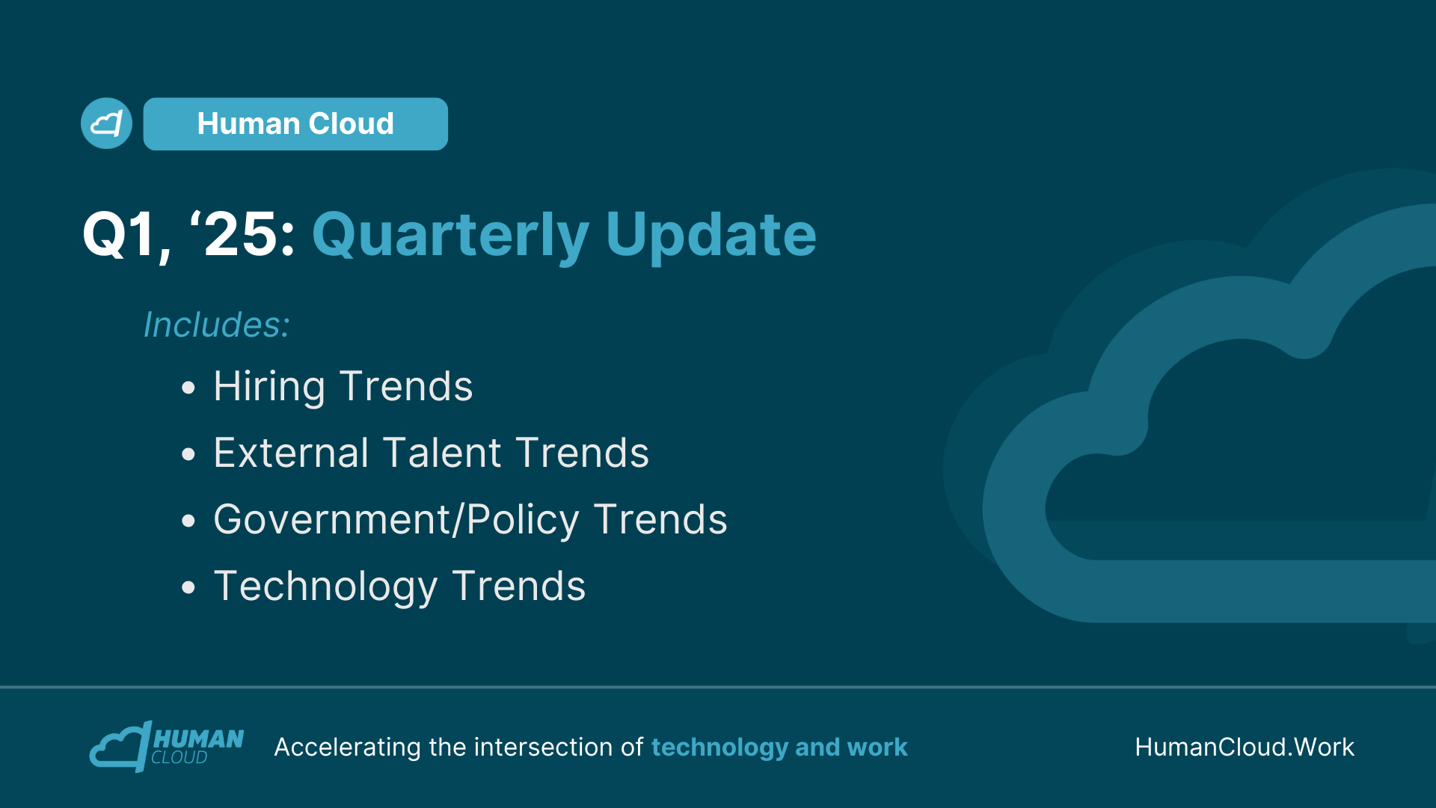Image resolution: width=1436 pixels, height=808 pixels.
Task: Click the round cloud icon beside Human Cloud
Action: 106,123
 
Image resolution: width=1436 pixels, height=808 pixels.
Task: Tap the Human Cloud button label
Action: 295,123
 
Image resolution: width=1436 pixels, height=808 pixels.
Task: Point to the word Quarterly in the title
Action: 450,236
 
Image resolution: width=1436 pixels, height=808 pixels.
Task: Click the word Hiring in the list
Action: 269,388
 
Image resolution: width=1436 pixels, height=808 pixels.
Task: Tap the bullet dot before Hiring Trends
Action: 188,388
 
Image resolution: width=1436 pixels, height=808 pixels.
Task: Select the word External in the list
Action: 292,453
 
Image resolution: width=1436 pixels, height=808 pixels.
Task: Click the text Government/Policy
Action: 396,521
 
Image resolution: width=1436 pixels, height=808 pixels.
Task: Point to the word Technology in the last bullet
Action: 325,587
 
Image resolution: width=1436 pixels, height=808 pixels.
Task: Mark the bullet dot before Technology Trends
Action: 188,587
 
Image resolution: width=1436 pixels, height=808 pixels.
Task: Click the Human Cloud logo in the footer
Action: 167,747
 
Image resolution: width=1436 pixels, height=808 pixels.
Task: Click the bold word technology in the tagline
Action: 719,747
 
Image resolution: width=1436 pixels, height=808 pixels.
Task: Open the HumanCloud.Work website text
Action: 1245,747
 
